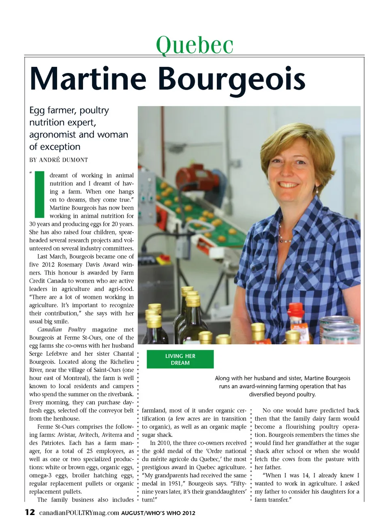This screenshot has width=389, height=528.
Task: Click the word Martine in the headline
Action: (x=88, y=79)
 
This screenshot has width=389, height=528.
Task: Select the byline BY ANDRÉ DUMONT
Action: (x=58, y=160)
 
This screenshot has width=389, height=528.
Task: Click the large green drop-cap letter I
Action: (x=39, y=194)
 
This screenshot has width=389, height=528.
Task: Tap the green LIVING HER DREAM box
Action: (x=180, y=359)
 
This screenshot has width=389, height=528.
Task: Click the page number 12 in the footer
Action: (x=30, y=512)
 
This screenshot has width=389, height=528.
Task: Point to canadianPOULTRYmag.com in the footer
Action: (x=79, y=513)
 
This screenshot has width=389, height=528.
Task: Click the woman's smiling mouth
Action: (x=289, y=185)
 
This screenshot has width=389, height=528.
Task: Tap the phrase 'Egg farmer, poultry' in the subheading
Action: (x=69, y=110)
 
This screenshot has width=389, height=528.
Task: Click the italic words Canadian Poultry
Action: (x=62, y=329)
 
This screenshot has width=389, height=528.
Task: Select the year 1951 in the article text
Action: (x=173, y=483)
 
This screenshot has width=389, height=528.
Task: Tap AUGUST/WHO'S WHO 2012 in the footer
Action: (x=158, y=513)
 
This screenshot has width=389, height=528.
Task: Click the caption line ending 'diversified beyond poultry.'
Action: (x=282, y=394)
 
